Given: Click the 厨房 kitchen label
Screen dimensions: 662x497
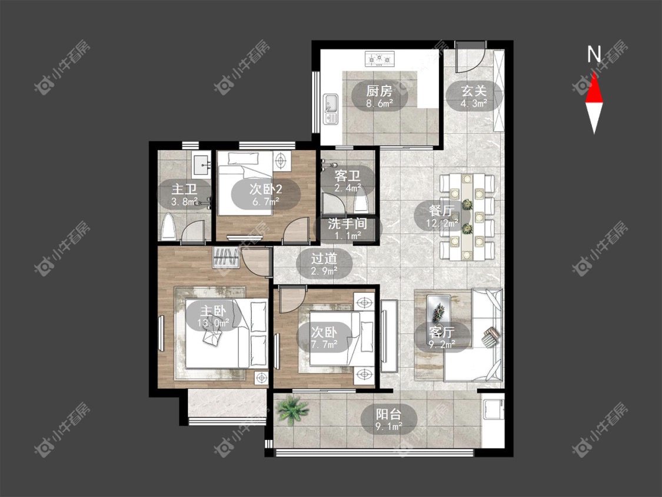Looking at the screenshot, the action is [379, 91].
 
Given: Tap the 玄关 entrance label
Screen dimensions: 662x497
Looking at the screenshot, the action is [474, 91].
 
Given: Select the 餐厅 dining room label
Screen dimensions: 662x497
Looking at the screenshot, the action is [441, 210].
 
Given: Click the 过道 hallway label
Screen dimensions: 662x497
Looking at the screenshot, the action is [324, 258].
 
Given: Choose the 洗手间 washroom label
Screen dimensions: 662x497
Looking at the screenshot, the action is [347, 223].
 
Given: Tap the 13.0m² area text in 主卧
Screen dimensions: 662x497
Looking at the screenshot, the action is [213, 323].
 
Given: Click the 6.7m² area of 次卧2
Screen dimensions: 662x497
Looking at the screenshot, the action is [265, 201].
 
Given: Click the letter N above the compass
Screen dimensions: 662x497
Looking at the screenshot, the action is [594, 54].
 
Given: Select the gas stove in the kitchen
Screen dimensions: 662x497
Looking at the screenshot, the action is [380, 59].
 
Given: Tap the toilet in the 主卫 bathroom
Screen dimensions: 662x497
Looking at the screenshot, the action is [168, 227].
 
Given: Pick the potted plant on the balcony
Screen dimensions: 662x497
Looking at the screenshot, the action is [291, 409].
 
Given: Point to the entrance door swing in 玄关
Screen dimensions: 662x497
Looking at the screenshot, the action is [468, 57].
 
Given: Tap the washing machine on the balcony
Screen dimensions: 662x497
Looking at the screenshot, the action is [493, 408].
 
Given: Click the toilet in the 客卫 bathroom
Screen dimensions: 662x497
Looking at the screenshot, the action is [361, 201].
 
